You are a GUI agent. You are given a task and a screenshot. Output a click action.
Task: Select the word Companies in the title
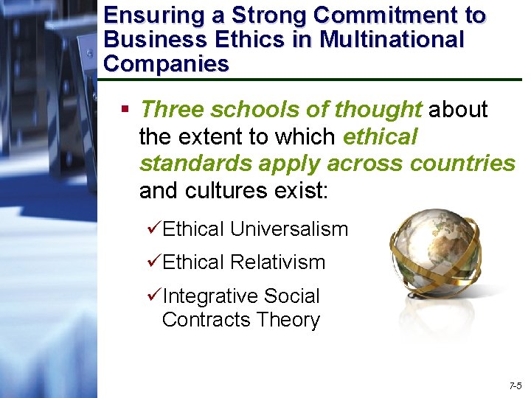(x=167, y=63)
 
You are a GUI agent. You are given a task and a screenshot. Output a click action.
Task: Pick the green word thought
(x=378, y=110)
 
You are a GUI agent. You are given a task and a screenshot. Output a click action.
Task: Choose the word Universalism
(x=289, y=229)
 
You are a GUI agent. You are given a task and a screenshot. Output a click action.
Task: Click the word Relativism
(x=277, y=262)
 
